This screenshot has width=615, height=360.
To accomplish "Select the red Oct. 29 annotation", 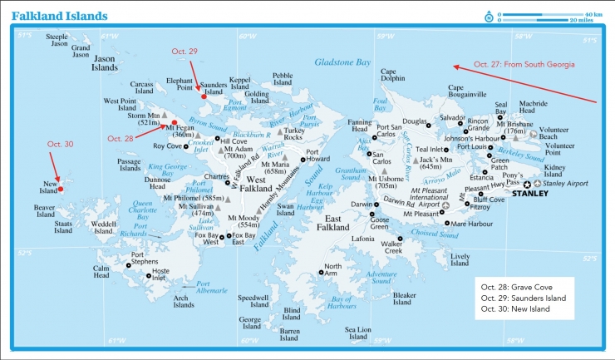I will click(184, 52).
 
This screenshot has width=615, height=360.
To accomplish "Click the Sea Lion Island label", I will click(359, 333).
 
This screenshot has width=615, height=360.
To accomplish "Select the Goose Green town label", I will click(380, 222).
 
